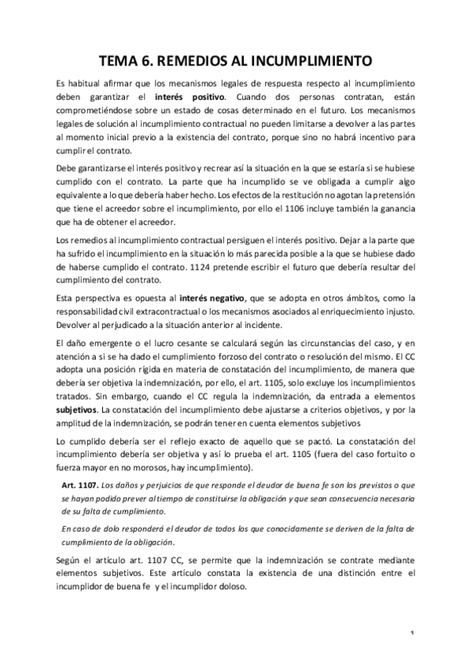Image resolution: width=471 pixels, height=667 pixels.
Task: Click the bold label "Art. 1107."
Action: [80, 463]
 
